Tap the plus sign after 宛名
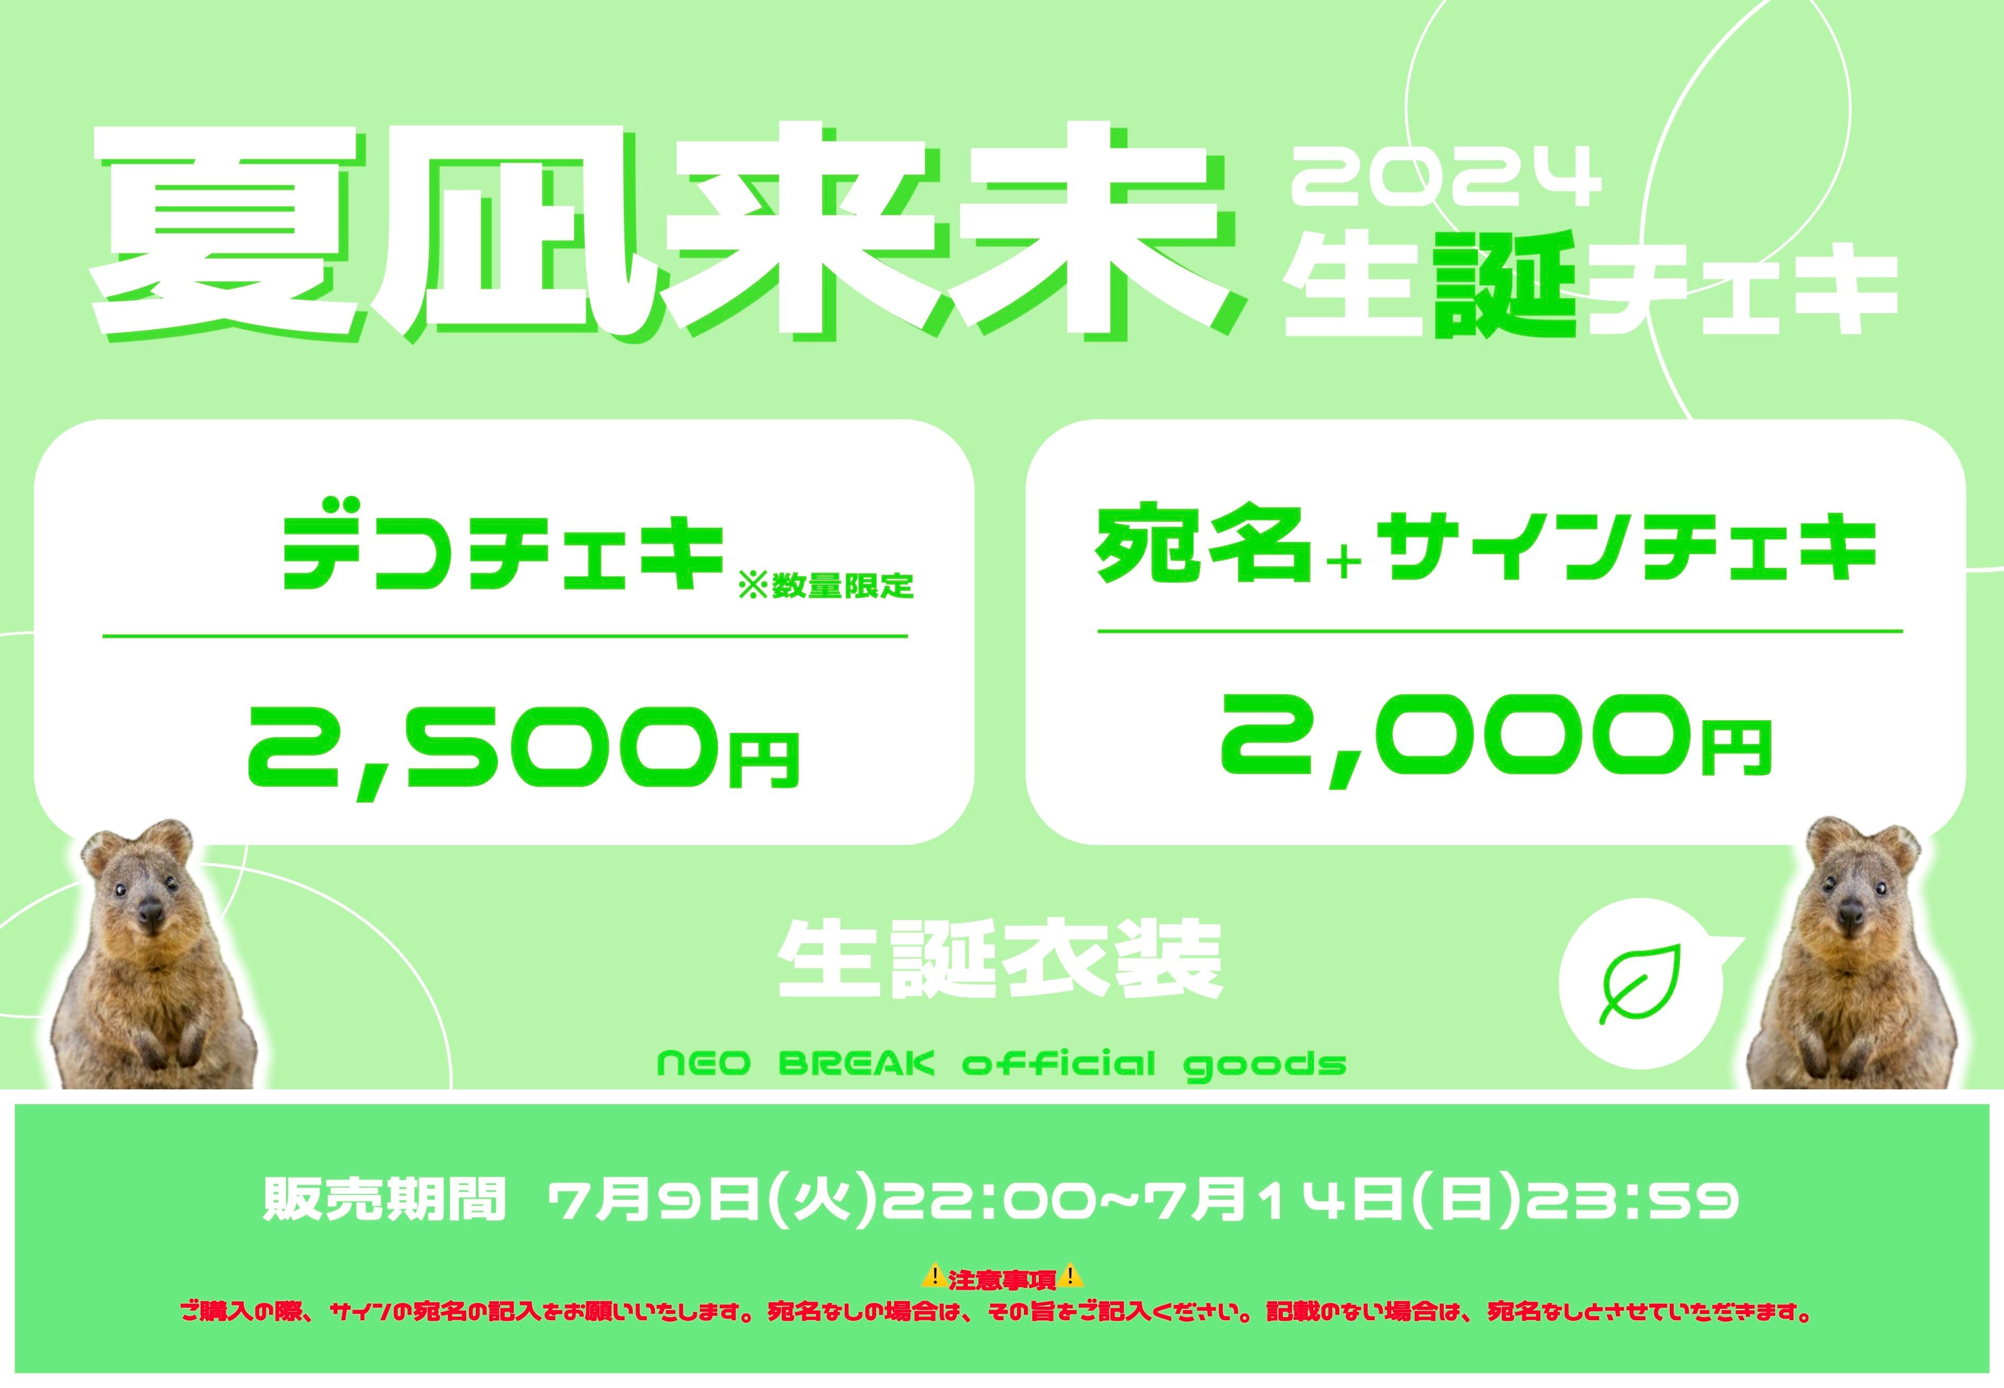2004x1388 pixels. pos(1344,564)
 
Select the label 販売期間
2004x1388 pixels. pos(384,1200)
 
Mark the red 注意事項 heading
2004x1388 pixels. pos(1002,1279)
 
